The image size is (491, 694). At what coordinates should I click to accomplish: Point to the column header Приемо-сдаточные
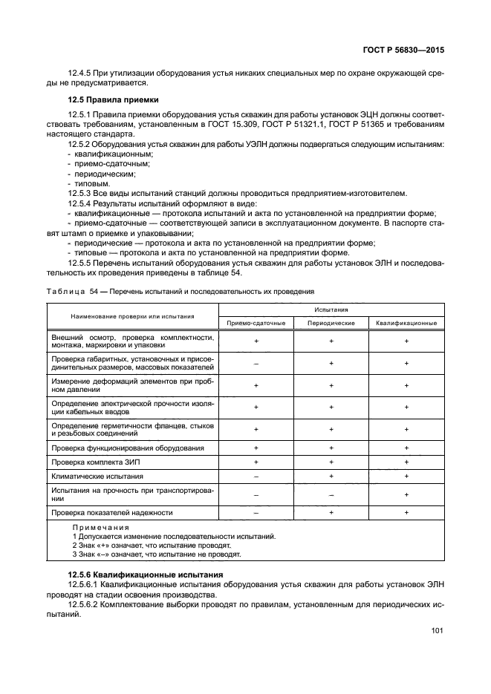tap(256, 323)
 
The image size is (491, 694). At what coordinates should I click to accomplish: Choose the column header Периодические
tap(331, 323)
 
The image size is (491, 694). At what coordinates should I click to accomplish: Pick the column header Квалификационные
tap(406, 323)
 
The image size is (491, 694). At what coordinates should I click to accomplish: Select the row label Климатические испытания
tap(97, 476)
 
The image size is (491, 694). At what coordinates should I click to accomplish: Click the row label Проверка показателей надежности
tap(111, 513)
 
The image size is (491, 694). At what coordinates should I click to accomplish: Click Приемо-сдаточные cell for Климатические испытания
tap(256, 476)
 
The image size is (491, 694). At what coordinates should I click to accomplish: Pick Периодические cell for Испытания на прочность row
tap(331, 494)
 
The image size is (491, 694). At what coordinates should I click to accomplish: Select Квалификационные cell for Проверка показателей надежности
tap(406, 513)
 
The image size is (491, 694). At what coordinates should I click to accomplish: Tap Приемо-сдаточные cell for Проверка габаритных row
tap(256, 364)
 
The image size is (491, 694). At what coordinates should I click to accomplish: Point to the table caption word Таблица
tap(66, 292)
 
